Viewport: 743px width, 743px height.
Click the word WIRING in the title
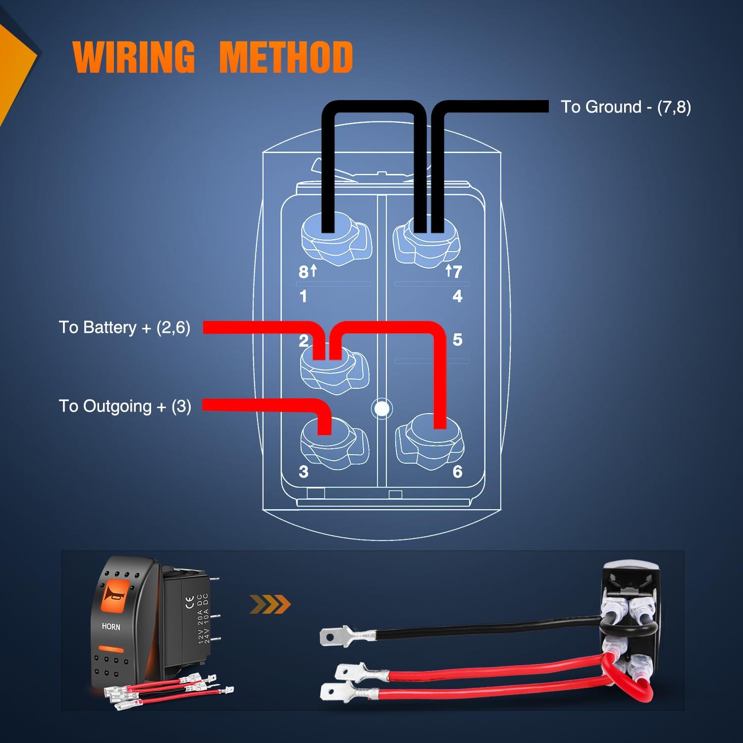(x=134, y=57)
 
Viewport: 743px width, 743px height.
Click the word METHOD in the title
(x=286, y=57)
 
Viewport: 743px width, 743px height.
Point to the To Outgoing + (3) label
(x=125, y=406)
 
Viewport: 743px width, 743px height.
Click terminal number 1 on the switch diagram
(x=303, y=296)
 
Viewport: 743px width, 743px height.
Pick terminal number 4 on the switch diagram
(x=457, y=296)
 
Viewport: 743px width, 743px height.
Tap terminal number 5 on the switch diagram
(x=457, y=340)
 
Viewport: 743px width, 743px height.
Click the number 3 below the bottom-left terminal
(x=304, y=472)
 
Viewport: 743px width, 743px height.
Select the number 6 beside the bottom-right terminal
(x=457, y=472)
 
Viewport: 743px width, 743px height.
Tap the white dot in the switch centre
(x=382, y=409)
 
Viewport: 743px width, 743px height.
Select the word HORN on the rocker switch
(x=111, y=627)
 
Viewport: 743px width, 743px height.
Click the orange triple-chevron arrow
(x=270, y=604)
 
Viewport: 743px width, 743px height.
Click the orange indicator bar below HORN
(x=111, y=649)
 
